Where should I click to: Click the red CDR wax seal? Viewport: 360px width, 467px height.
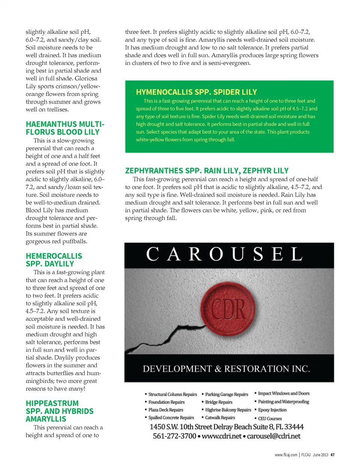[228, 309]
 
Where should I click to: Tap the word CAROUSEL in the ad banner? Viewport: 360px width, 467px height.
[224, 255]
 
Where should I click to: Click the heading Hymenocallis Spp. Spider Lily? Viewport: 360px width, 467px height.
[196, 92]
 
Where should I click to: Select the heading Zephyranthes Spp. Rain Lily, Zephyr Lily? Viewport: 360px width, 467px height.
[207, 171]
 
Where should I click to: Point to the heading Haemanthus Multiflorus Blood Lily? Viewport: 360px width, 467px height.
[65, 128]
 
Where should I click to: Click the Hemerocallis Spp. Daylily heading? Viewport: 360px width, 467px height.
[54, 260]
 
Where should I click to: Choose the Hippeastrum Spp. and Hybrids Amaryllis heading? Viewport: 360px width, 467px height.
[59, 411]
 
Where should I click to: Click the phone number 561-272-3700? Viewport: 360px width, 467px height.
[174, 436]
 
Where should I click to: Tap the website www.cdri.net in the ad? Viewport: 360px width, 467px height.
[222, 436]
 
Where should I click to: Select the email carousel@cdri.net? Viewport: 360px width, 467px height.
[274, 436]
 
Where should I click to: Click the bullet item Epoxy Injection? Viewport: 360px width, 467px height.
[272, 410]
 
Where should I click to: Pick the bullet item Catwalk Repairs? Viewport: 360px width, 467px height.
[220, 418]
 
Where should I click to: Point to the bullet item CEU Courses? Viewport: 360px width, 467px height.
[270, 419]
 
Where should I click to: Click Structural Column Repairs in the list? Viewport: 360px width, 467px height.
[172, 395]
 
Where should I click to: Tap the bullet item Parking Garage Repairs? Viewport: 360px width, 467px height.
[226, 395]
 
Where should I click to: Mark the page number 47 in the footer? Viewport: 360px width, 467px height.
[333, 455]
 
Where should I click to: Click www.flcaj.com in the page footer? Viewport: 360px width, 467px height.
[286, 455]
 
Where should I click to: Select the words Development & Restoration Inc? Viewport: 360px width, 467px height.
[226, 369]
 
